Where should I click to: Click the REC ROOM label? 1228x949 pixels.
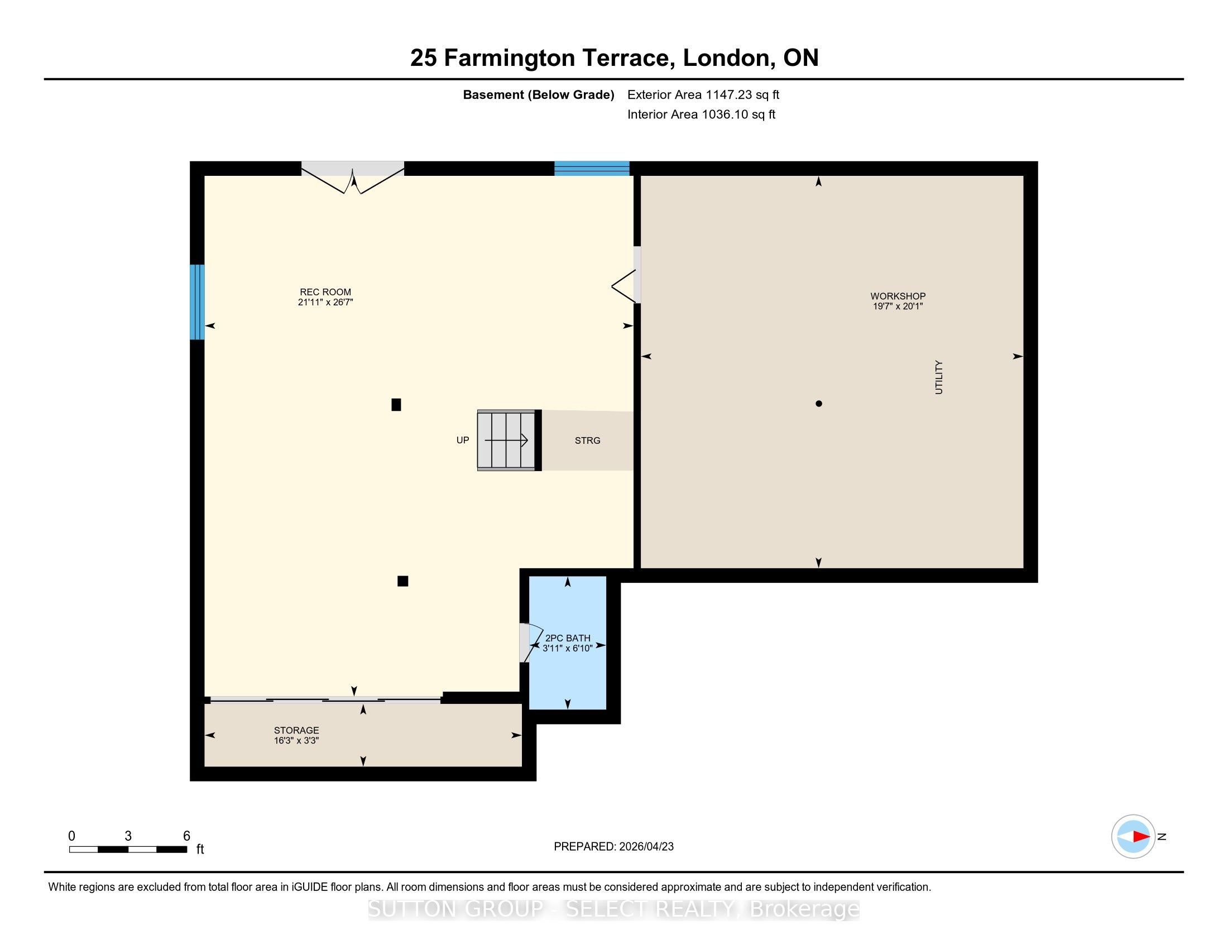tap(325, 292)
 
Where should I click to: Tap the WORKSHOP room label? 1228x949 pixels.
tap(898, 296)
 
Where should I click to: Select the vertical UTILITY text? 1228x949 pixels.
tap(938, 377)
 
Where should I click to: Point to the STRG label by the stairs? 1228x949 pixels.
tap(588, 441)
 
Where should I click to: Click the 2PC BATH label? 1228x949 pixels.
tap(568, 638)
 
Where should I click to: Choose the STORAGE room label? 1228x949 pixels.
tap(296, 730)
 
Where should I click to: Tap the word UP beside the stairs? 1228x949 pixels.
tap(463, 440)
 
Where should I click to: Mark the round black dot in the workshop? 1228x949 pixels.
tap(819, 404)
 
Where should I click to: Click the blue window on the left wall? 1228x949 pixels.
tap(197, 302)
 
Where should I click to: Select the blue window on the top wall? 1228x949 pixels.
tap(592, 169)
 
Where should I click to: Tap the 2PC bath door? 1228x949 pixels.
tap(528, 643)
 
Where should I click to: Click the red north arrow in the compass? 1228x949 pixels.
tap(1140, 837)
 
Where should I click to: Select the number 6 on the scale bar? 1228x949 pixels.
tap(186, 836)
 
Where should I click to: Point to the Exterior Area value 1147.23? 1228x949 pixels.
tap(730, 94)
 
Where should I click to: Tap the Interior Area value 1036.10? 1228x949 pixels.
tap(725, 114)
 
